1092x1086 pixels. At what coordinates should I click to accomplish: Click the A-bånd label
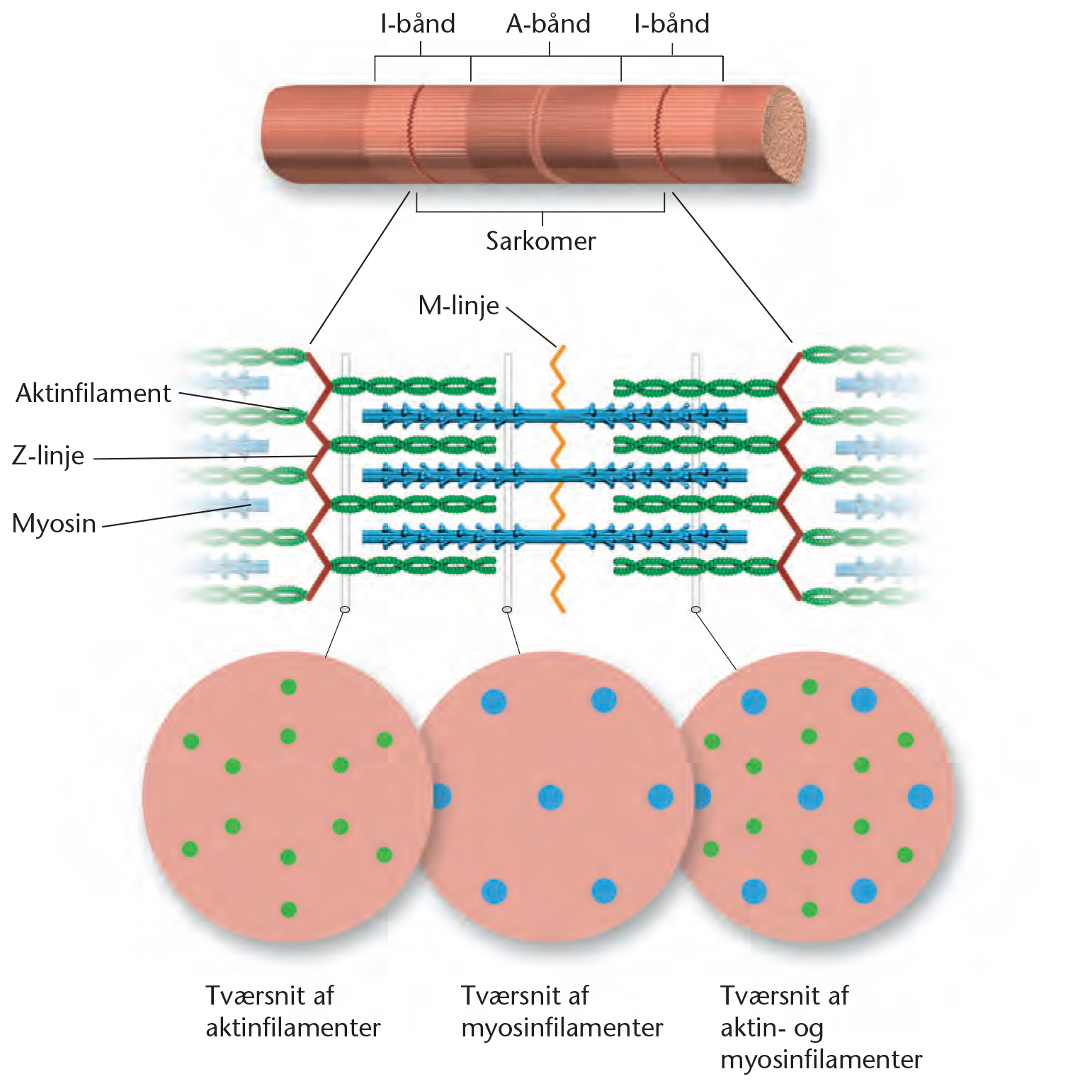tap(548, 24)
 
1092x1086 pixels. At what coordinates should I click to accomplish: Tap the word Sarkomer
tap(540, 241)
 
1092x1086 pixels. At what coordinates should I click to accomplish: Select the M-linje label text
tap(459, 306)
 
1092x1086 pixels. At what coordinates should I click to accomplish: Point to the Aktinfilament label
tap(93, 393)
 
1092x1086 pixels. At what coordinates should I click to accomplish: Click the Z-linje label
tap(48, 455)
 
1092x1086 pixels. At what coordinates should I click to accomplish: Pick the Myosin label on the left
tap(54, 524)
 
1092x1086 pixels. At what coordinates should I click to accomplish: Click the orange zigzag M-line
tap(559, 481)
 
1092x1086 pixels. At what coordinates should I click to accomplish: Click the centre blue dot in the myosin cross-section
tap(550, 797)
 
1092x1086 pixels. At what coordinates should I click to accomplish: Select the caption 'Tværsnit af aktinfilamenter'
tap(292, 1012)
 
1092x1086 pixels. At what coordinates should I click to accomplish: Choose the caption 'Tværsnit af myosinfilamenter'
tap(562, 1012)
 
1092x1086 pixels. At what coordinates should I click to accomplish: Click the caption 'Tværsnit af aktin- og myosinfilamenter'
tap(821, 1027)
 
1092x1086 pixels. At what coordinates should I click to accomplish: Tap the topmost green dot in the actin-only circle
tap(288, 687)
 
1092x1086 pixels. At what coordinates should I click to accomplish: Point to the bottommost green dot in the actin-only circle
tap(288, 909)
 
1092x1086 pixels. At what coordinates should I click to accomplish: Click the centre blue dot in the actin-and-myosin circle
tap(809, 797)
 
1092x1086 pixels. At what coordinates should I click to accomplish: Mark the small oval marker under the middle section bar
tap(507, 610)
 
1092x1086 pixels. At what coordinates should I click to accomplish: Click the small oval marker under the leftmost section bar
tap(345, 610)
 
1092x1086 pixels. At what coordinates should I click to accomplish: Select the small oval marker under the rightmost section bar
tap(695, 610)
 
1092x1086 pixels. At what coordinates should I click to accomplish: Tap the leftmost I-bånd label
tap(418, 24)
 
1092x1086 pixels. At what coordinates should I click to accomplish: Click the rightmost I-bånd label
tap(671, 24)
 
